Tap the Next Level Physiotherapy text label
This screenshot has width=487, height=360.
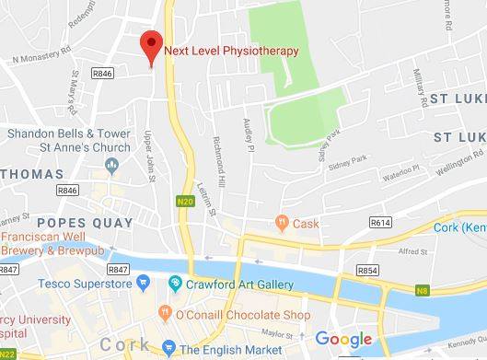(x=231, y=51)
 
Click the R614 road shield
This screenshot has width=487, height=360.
(x=380, y=222)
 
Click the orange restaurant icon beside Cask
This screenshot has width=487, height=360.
(x=283, y=222)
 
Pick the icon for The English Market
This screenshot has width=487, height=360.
(x=168, y=349)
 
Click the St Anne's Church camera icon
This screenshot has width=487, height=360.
(x=111, y=165)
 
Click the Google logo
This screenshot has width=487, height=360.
(x=343, y=339)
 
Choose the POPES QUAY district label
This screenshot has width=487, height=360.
(x=84, y=223)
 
